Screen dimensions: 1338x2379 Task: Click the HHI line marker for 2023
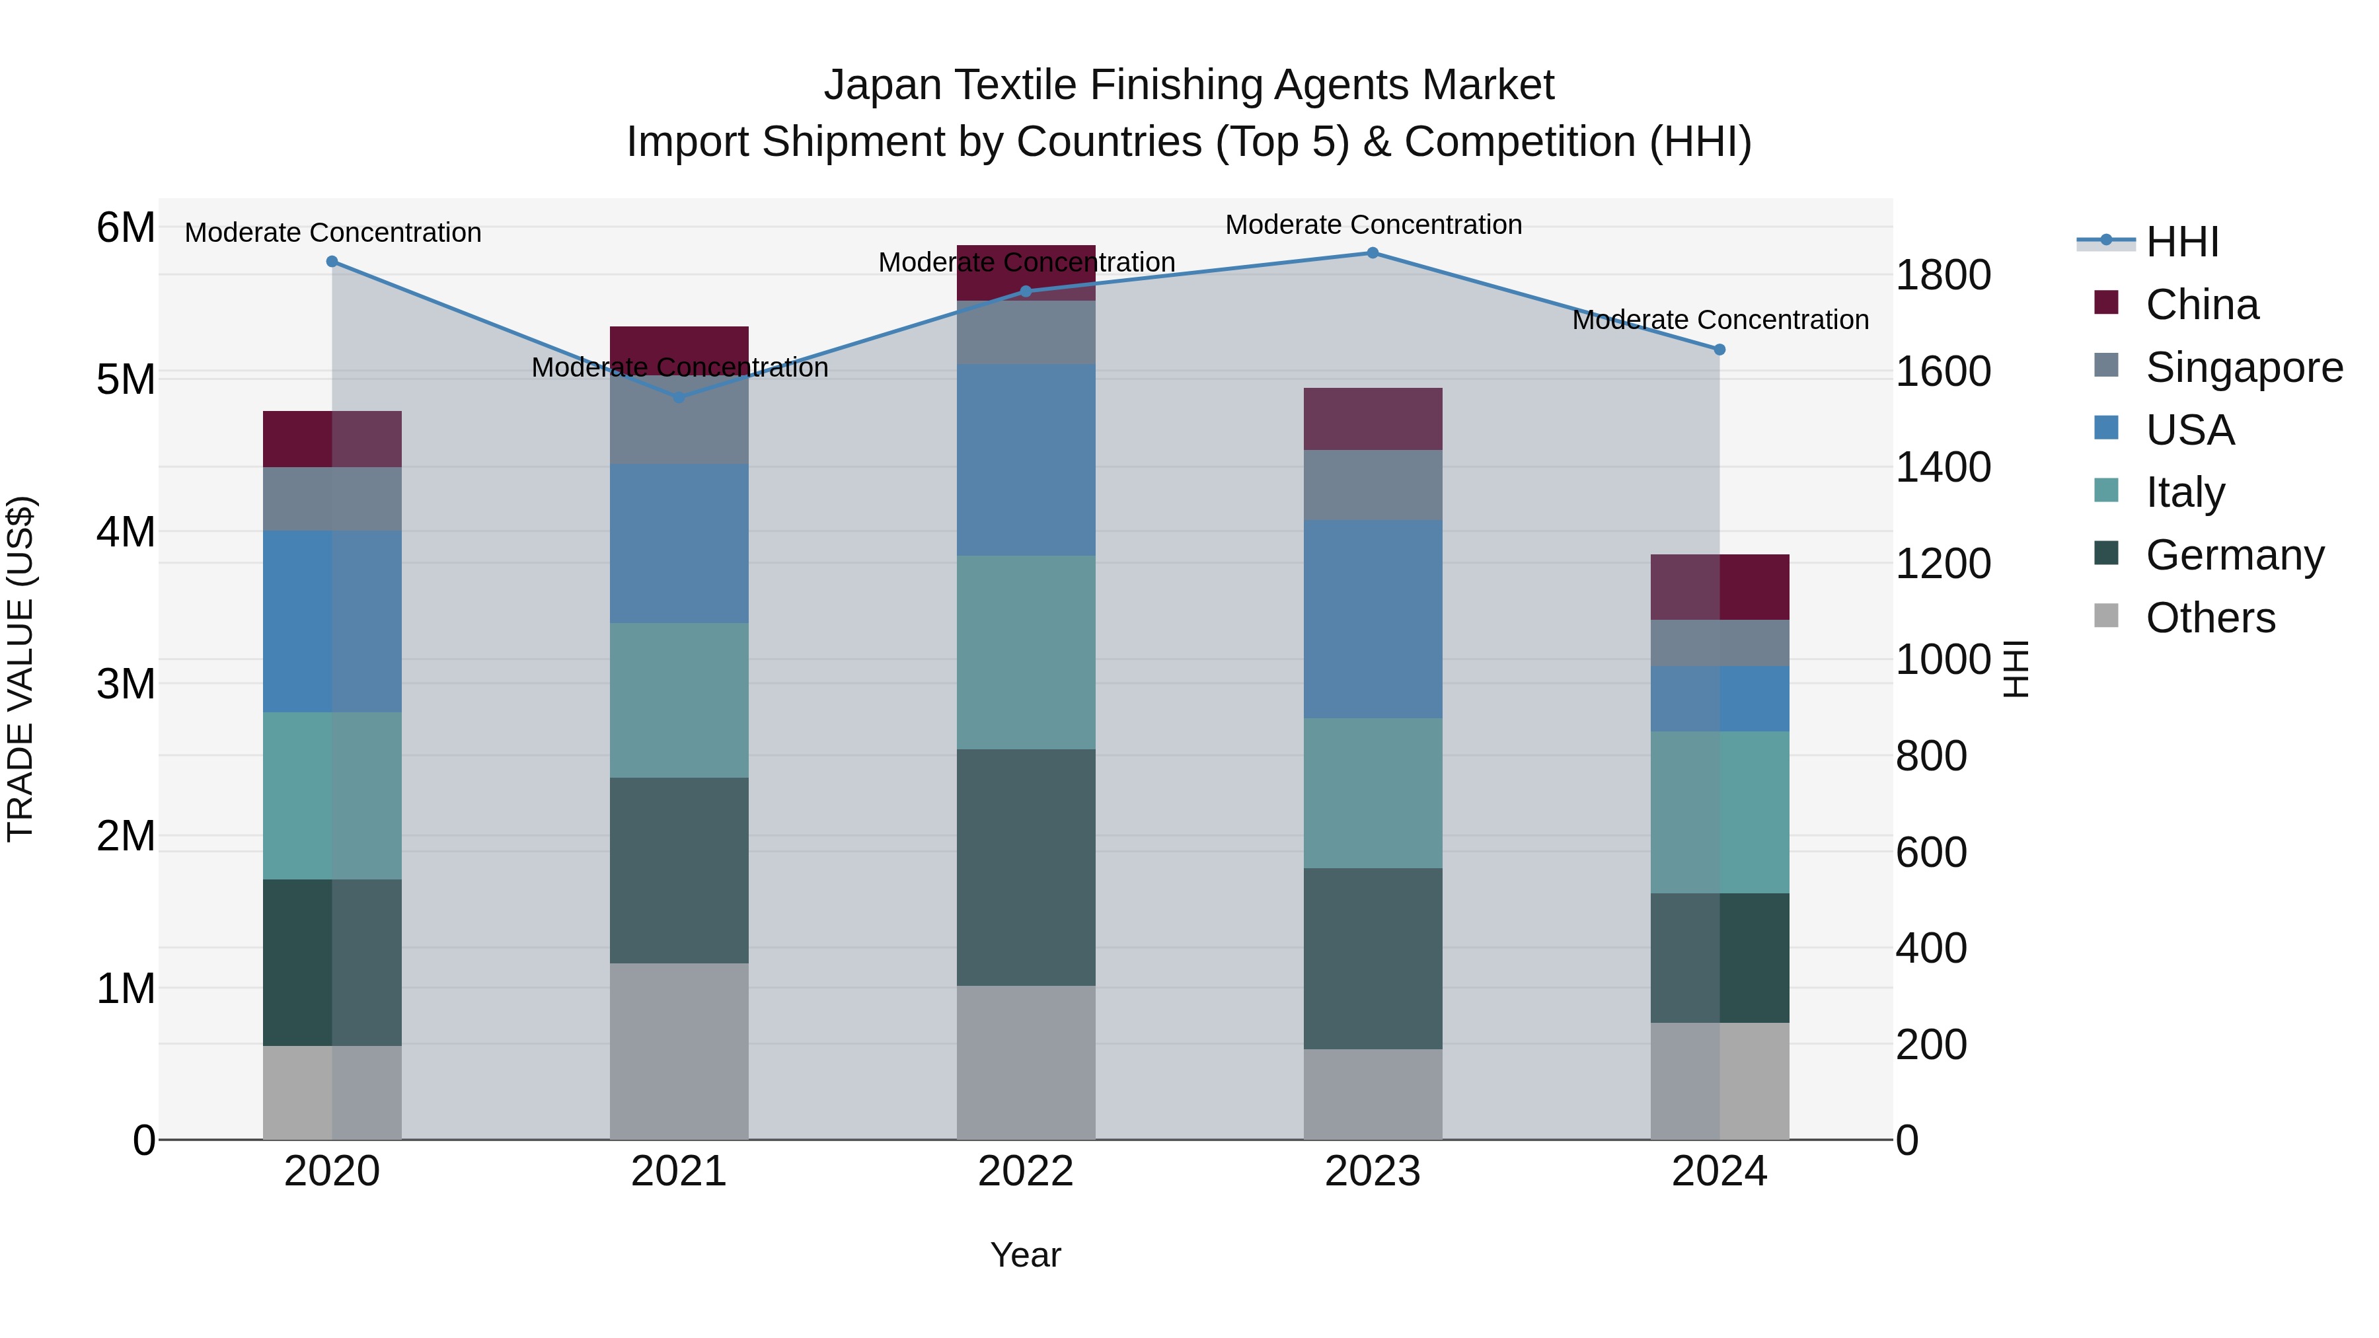pyautogui.click(x=1373, y=253)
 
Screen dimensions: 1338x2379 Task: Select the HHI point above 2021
pyautogui.click(x=679, y=398)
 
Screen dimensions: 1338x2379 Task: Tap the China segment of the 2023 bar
pyautogui.click(x=1373, y=419)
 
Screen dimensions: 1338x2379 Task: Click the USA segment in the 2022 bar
pyautogui.click(x=1025, y=460)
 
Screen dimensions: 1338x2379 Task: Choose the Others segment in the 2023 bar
pyautogui.click(x=1373, y=1094)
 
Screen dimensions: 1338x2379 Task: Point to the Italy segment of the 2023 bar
pyautogui.click(x=1373, y=793)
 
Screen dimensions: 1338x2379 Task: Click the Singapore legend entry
pyautogui.click(x=2244, y=367)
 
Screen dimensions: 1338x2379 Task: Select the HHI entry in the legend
pyautogui.click(x=2181, y=242)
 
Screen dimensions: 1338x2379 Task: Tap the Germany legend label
pyautogui.click(x=2235, y=556)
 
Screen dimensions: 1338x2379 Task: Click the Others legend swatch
pyautogui.click(x=2107, y=616)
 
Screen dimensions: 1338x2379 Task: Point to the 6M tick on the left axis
pyautogui.click(x=126, y=228)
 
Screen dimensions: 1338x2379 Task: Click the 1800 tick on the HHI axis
pyautogui.click(x=1943, y=275)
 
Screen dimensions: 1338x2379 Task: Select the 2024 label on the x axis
pyautogui.click(x=1719, y=1171)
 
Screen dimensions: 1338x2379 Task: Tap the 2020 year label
pyautogui.click(x=332, y=1171)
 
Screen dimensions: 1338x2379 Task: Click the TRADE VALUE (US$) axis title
pyautogui.click(x=21, y=669)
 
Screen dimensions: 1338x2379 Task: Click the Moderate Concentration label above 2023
pyautogui.click(x=1373, y=225)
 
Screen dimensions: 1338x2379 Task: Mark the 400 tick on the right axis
pyautogui.click(x=1931, y=948)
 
